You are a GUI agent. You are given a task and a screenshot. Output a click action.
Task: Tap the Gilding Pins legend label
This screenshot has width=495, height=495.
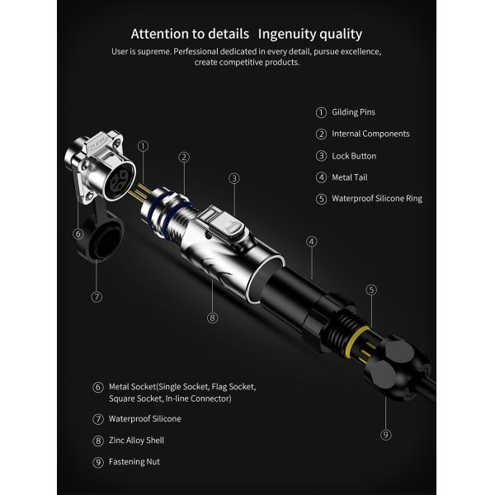click(353, 112)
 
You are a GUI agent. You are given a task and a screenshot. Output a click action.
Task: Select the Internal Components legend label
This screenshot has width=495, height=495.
click(370, 134)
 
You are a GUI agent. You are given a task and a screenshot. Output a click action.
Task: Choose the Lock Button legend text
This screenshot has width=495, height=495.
click(354, 156)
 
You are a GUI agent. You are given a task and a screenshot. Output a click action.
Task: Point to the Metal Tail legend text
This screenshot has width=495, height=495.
click(350, 177)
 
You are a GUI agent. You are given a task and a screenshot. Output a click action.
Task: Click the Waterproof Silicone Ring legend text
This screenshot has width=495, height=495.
click(377, 199)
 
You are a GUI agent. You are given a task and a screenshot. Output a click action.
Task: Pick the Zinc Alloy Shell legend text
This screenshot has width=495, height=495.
click(136, 441)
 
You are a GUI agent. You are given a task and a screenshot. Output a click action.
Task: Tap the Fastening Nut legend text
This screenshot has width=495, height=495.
click(134, 462)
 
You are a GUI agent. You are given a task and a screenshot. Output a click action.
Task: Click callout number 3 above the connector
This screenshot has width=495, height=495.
click(234, 179)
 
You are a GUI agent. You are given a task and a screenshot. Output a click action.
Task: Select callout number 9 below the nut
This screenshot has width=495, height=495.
click(386, 435)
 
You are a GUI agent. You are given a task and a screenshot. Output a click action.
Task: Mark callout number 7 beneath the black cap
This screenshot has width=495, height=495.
click(97, 297)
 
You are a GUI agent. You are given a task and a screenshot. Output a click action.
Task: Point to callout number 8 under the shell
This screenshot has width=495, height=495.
click(212, 318)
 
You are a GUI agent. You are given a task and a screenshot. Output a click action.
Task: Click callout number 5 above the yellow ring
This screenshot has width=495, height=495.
click(371, 290)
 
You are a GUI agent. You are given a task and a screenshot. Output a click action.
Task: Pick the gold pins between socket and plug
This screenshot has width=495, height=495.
click(141, 192)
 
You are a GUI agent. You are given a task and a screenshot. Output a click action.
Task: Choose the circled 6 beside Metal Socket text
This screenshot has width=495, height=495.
click(98, 388)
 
